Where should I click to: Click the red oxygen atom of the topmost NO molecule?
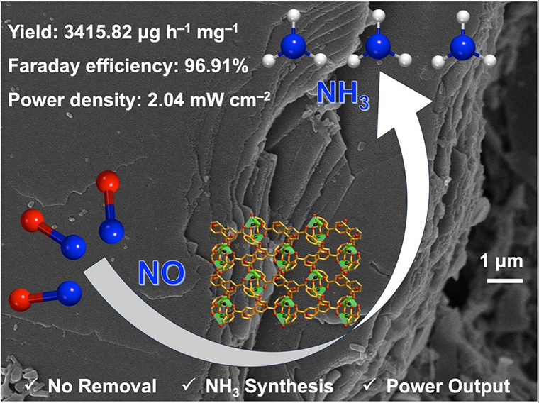click(x=109, y=181)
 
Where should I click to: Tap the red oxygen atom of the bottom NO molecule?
click(x=22, y=298)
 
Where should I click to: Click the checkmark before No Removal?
click(x=30, y=386)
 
